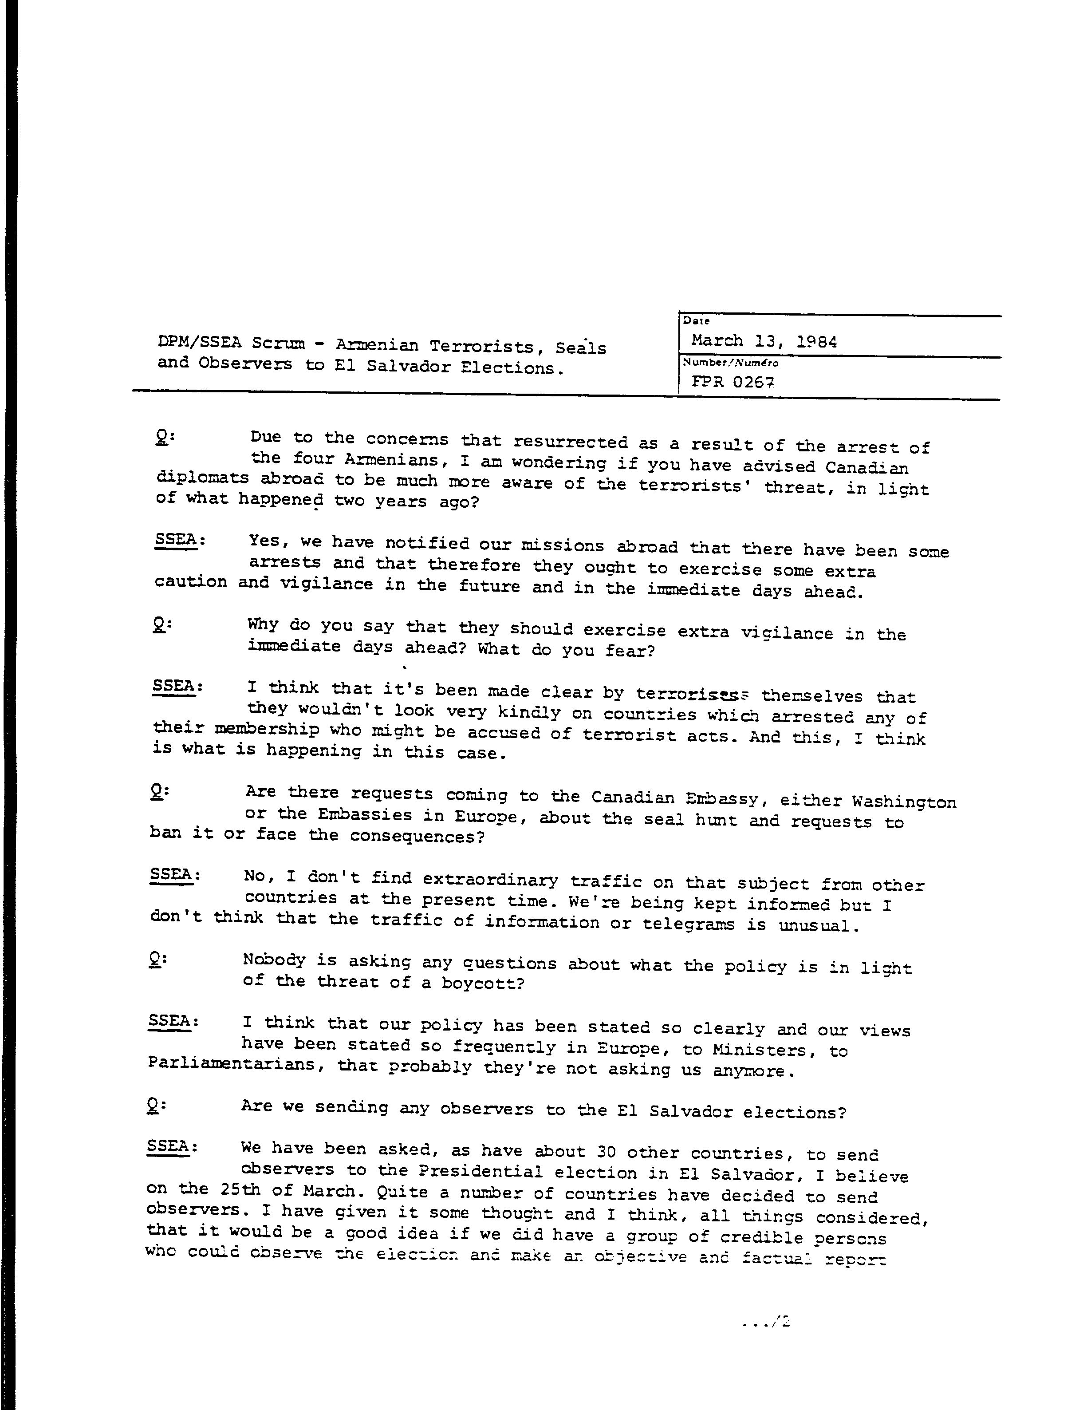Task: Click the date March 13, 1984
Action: click(764, 340)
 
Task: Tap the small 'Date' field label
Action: click(697, 320)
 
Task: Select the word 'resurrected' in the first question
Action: click(570, 442)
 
